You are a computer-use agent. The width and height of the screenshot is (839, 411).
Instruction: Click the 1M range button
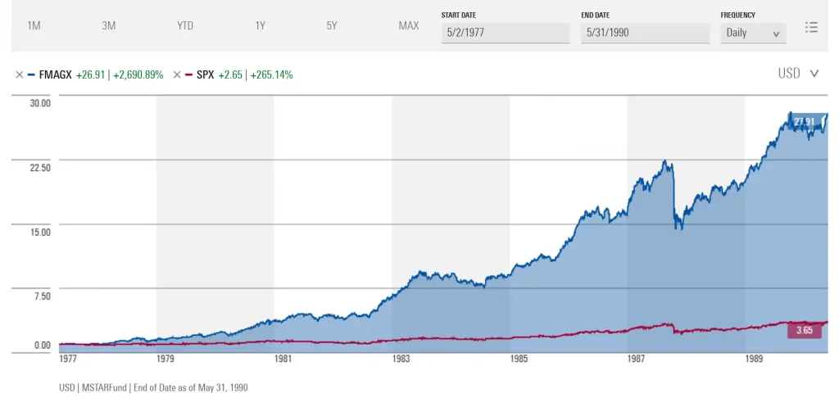34,25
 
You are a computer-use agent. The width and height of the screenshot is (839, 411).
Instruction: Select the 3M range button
109,25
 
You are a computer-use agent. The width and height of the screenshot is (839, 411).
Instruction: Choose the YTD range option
185,25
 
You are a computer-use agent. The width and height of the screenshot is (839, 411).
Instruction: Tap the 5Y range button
332,25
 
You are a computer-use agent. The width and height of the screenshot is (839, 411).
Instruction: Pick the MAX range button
409,25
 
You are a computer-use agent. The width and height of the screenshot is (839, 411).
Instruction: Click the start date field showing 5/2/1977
505,34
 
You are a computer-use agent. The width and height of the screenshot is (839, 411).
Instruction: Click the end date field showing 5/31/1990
645,34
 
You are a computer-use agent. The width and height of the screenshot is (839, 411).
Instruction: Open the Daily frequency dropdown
753,34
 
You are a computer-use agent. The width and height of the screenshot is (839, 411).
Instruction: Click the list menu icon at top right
811,27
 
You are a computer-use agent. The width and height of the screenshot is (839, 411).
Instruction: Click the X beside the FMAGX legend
19,75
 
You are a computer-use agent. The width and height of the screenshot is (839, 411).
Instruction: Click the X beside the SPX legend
177,75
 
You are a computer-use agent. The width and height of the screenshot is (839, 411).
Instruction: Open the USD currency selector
798,74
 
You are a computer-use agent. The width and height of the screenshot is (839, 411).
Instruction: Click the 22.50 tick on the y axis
40,168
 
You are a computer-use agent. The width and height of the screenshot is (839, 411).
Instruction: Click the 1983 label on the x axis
401,359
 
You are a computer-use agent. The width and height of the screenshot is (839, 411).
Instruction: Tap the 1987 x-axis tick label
637,359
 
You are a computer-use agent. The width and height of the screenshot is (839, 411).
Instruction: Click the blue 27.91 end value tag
804,122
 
